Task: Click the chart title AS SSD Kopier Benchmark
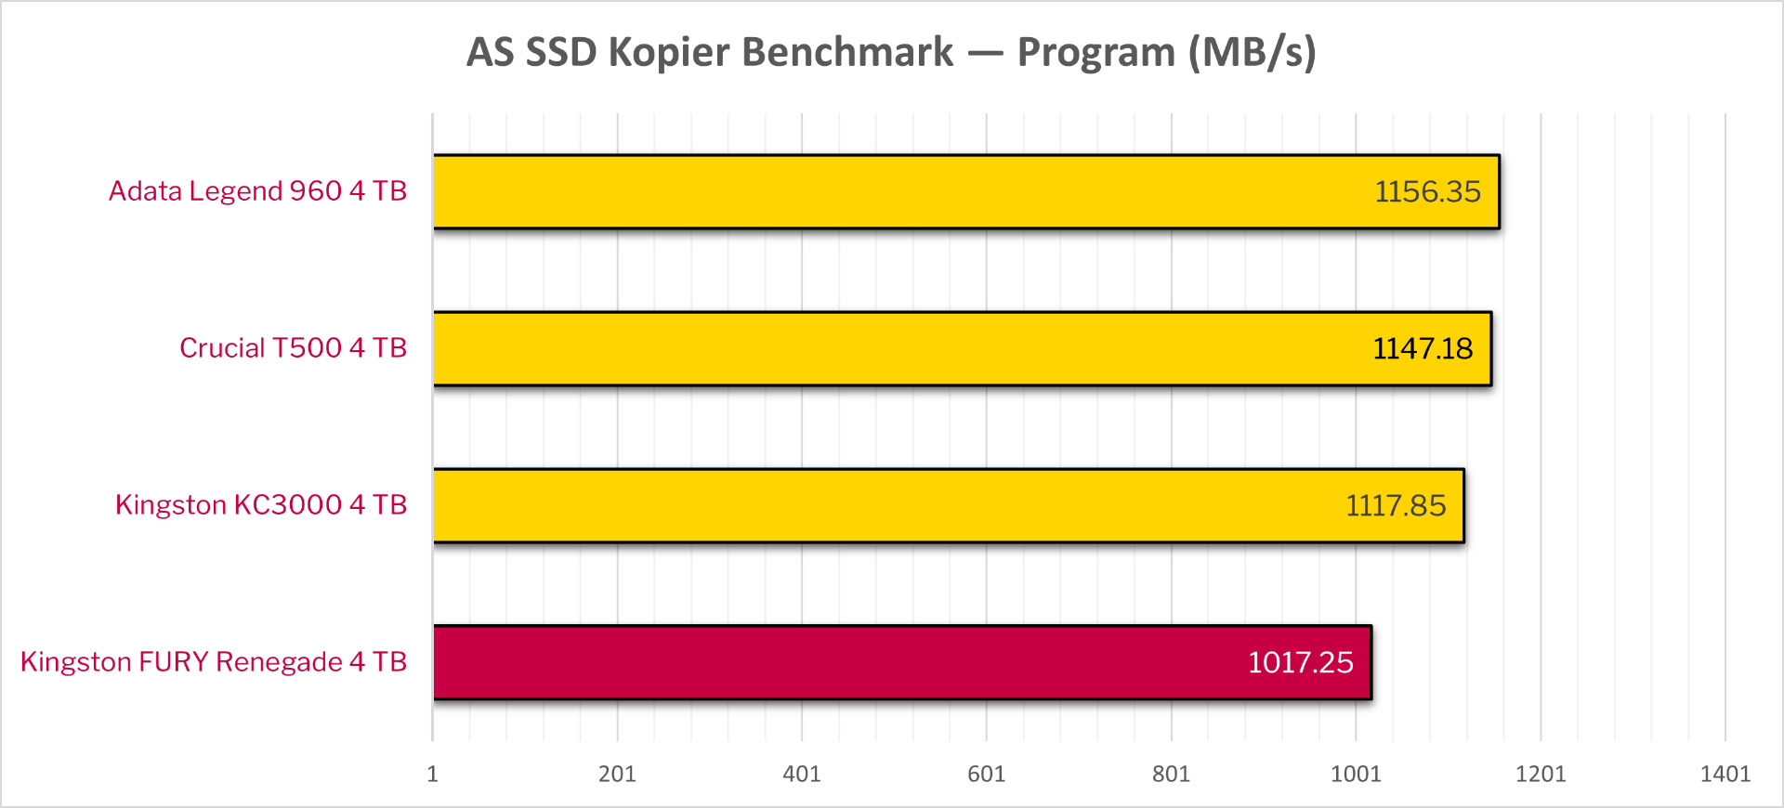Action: (x=891, y=52)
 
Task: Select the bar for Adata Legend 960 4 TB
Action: (x=966, y=191)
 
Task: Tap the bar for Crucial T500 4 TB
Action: (x=963, y=348)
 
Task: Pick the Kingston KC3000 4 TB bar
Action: (x=949, y=505)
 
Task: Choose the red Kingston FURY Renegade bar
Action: (x=902, y=662)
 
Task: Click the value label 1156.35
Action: (x=1427, y=191)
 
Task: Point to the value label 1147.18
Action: (x=1423, y=348)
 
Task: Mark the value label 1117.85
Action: (x=1396, y=505)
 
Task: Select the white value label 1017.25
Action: (x=1300, y=662)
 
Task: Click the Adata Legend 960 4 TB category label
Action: (x=258, y=191)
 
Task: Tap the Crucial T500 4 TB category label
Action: (x=293, y=348)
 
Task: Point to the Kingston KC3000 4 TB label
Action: (x=261, y=505)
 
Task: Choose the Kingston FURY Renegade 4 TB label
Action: (x=214, y=662)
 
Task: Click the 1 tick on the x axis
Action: (x=432, y=774)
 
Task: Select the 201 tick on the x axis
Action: (x=617, y=774)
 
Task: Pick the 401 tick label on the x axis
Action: (x=802, y=774)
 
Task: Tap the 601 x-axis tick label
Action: (x=986, y=774)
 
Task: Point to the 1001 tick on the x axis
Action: (x=1356, y=774)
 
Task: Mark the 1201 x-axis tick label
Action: (x=1541, y=774)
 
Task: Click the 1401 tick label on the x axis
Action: (x=1725, y=774)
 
